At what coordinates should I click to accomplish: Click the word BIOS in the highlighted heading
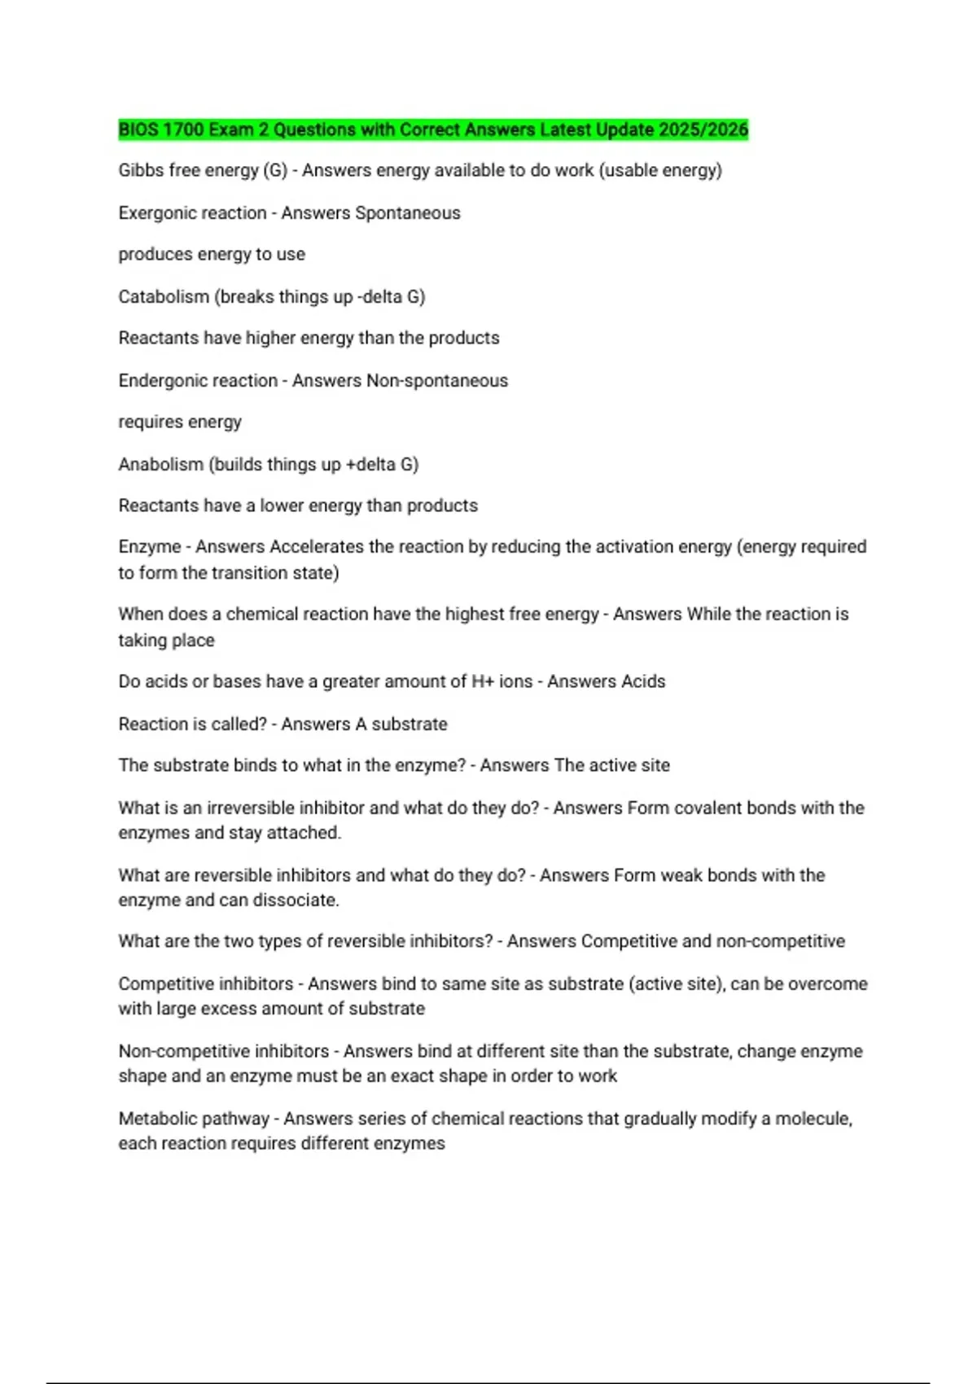pos(138,130)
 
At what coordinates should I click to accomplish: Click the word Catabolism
pos(164,297)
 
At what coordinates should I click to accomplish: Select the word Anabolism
pos(161,465)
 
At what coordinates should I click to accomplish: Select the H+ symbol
pos(483,681)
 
